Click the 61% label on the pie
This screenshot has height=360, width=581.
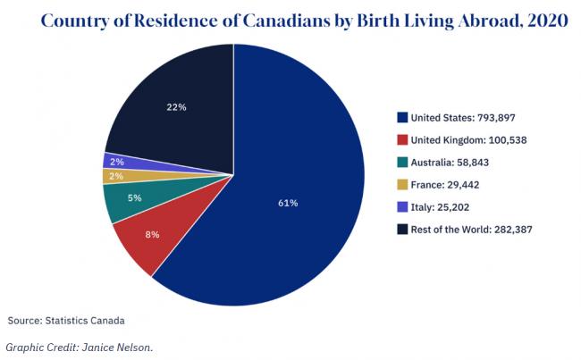(288, 203)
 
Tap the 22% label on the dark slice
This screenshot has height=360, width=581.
(176, 108)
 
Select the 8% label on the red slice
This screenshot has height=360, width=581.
(152, 235)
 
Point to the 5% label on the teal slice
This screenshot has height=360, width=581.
(135, 197)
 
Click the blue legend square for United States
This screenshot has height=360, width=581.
(402, 117)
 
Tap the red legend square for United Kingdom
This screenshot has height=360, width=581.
(402, 139)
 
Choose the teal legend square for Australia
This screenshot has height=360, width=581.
(402, 162)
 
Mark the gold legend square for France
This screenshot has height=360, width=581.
(402, 185)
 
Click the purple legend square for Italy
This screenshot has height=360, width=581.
(402, 207)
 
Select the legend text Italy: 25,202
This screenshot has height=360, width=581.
(444, 207)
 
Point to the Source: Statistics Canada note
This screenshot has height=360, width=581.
(67, 319)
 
